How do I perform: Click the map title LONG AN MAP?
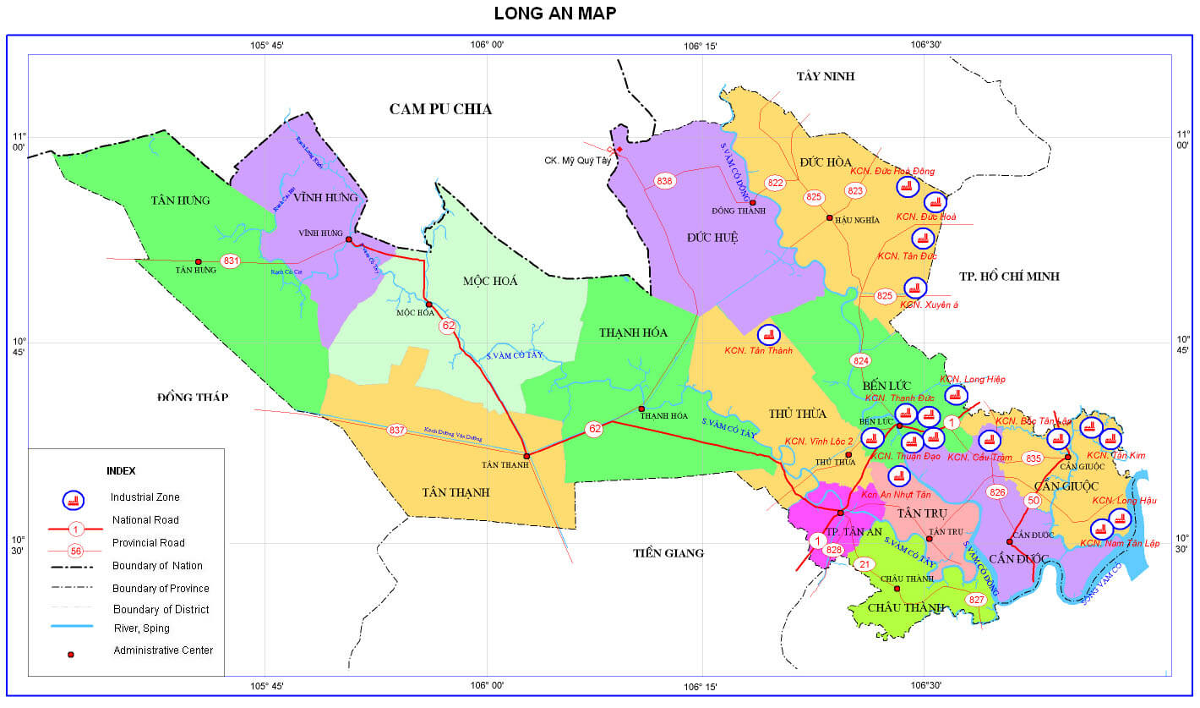click(x=554, y=13)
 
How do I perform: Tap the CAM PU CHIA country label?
click(x=440, y=108)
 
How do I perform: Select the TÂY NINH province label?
click(x=825, y=76)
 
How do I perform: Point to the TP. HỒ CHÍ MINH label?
click(x=1009, y=276)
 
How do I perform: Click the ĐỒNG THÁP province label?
click(x=193, y=397)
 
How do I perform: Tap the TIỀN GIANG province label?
click(x=668, y=553)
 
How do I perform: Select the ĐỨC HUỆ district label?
click(x=712, y=238)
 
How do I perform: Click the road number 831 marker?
click(x=231, y=261)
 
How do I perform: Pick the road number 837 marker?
click(x=396, y=430)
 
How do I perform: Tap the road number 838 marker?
click(x=665, y=180)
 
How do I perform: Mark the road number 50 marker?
click(x=1033, y=501)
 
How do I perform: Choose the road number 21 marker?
click(x=864, y=564)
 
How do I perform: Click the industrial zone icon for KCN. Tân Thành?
click(x=768, y=335)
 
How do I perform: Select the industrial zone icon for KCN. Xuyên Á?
click(x=914, y=288)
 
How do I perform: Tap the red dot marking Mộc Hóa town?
click(x=429, y=305)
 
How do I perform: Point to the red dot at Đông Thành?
click(x=752, y=202)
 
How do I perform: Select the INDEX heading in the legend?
click(x=121, y=470)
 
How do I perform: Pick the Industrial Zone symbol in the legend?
click(x=75, y=499)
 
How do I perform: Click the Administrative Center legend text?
click(x=163, y=650)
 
